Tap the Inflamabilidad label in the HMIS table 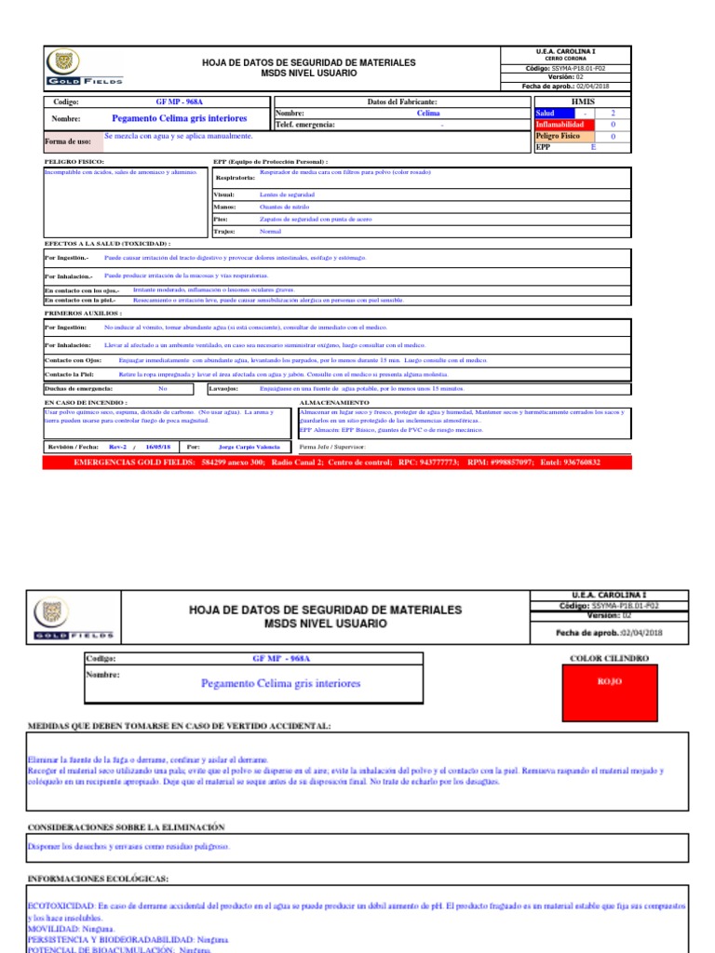coord(560,124)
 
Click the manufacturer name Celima coord(428,113)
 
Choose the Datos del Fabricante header coord(402,101)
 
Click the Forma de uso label coord(68,141)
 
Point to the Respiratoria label coord(236,176)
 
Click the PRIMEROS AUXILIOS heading coord(83,314)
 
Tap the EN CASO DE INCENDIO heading coord(86,402)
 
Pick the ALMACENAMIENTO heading coord(334,402)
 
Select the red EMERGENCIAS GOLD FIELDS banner coord(337,462)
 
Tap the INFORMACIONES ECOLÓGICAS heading coord(98,878)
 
